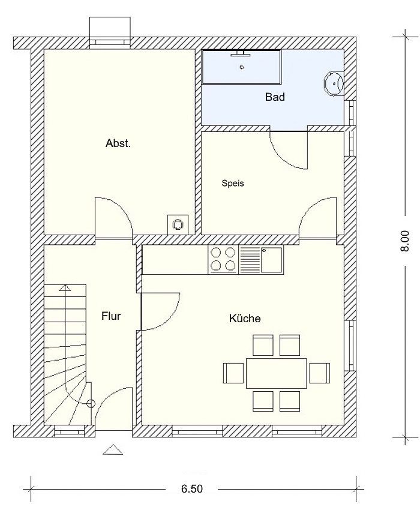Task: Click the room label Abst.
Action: [118, 143]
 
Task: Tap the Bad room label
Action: [275, 97]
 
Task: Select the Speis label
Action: [233, 184]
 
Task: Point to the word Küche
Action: [245, 318]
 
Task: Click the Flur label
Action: [111, 316]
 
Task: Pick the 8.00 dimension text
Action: [405, 241]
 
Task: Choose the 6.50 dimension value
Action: [192, 489]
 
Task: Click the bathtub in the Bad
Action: [241, 67]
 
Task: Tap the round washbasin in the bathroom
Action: [334, 83]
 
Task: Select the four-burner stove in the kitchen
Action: [223, 260]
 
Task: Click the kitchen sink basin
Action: [271, 260]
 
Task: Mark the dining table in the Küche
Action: [276, 373]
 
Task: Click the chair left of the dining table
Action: [233, 373]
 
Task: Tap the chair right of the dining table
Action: [319, 373]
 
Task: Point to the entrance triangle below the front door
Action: [113, 449]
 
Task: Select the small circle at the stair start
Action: [91, 404]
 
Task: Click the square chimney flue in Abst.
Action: [178, 224]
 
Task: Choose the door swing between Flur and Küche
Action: [160, 311]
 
